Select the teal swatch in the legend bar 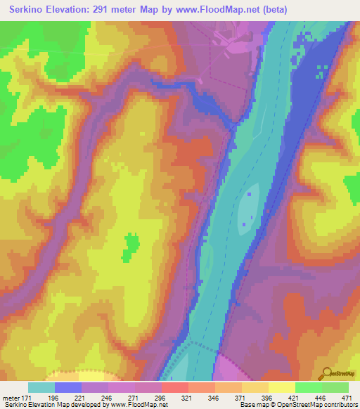pos(41,387)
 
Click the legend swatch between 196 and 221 pos(68,387)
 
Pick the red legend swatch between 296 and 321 pos(174,387)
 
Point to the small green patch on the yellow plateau pos(130,246)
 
